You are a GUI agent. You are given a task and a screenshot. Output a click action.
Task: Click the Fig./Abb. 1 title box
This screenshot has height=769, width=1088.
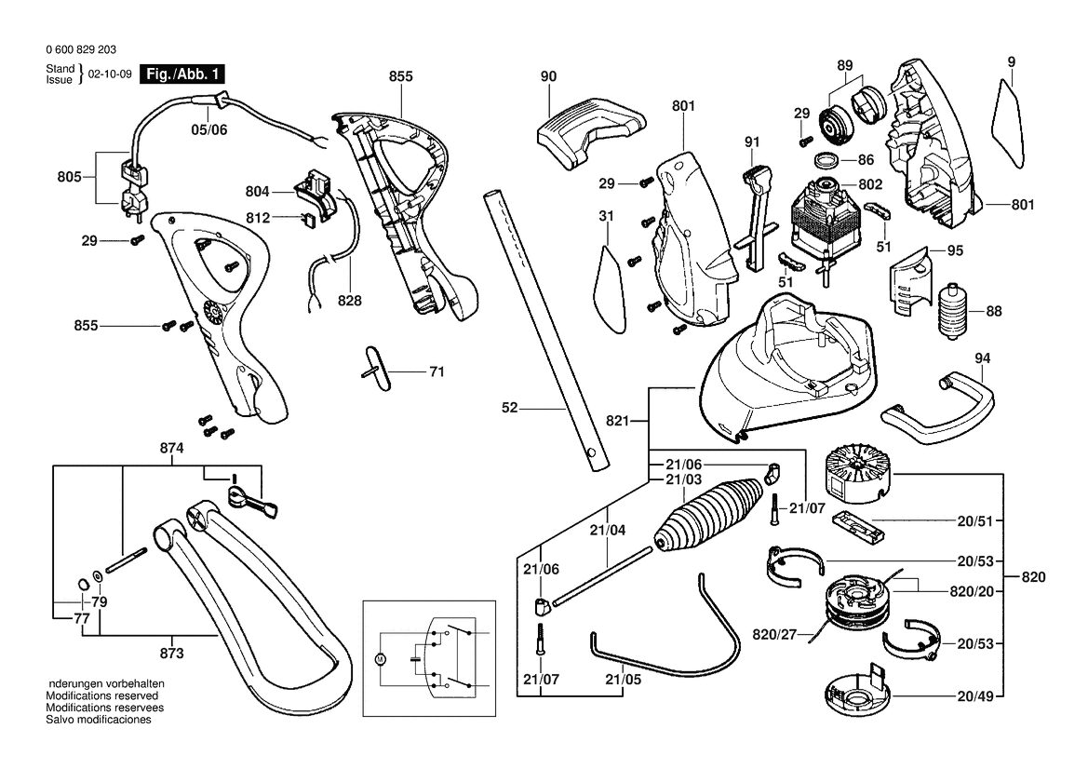tap(182, 74)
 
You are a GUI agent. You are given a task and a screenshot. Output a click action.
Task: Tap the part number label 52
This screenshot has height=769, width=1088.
tap(510, 408)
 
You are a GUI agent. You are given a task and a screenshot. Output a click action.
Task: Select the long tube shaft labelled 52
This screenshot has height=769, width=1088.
tap(546, 331)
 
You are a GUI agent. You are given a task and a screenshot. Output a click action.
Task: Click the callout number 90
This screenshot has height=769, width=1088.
tap(548, 76)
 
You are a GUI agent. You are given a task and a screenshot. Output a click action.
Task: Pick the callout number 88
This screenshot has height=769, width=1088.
tap(994, 312)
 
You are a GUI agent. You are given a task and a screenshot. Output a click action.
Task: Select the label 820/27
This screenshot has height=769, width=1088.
tap(774, 634)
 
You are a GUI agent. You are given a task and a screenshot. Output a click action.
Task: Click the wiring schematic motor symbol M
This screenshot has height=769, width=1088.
tap(380, 658)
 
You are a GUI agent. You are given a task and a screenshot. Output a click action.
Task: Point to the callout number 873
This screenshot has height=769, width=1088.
tap(171, 654)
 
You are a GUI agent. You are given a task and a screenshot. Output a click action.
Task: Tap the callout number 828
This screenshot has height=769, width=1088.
tap(350, 301)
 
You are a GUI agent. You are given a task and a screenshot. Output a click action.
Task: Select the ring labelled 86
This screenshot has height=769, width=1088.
tap(826, 160)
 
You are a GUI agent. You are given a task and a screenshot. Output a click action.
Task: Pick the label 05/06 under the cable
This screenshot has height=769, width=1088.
tap(208, 129)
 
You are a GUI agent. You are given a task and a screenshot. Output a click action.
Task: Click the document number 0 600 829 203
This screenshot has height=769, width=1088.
tap(81, 49)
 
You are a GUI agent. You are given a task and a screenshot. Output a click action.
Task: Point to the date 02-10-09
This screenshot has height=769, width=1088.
tap(110, 74)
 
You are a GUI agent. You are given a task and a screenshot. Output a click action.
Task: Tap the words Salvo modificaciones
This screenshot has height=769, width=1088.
tap(99, 720)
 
